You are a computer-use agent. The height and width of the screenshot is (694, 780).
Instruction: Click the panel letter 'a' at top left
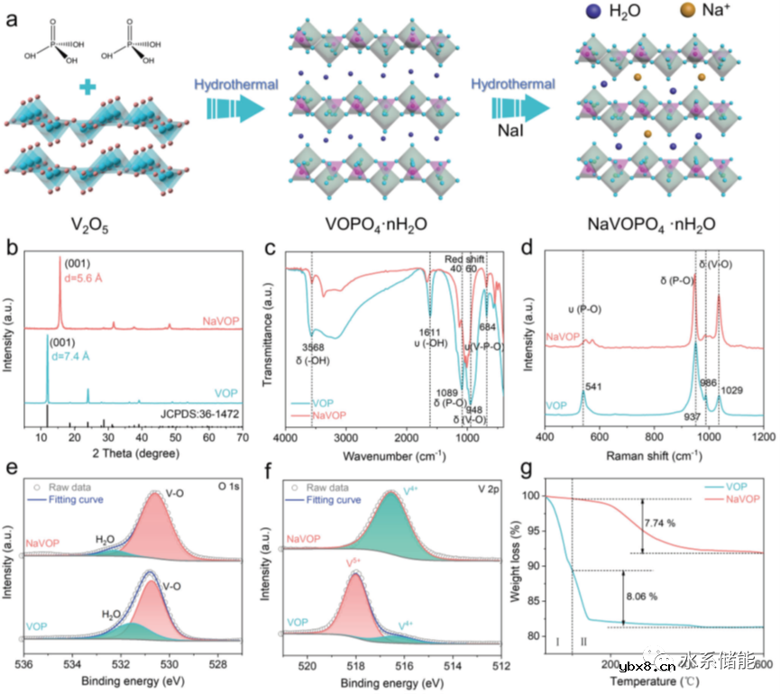(x=13, y=18)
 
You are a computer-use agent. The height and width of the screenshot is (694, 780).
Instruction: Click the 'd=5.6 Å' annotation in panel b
(x=83, y=278)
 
